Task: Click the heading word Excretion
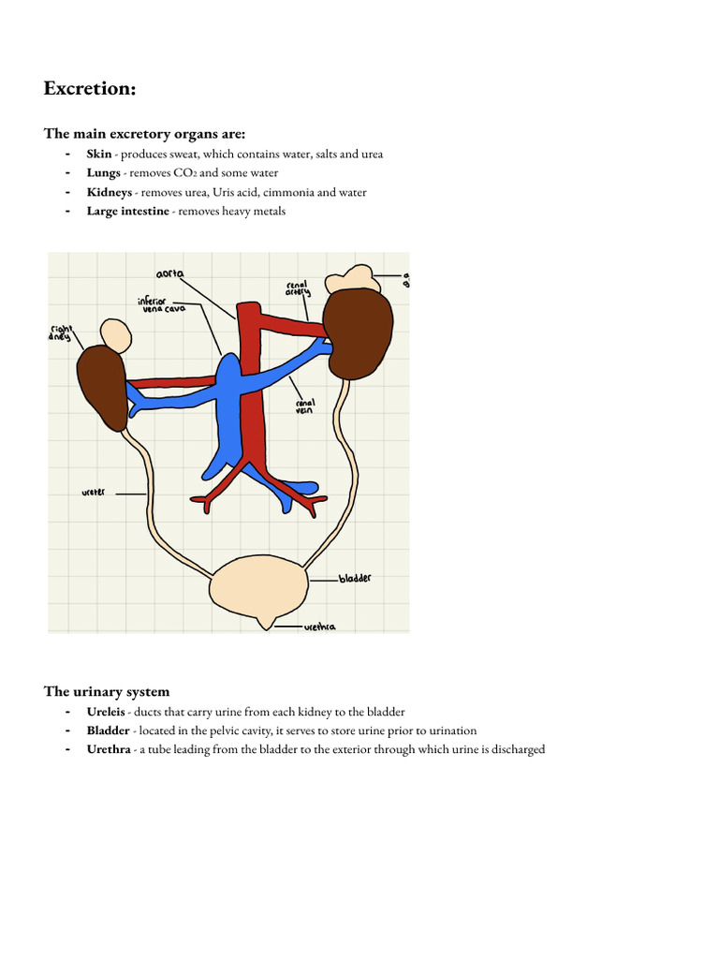pos(90,89)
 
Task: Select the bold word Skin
pos(99,154)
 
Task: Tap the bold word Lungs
pos(104,173)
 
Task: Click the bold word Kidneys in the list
pos(110,192)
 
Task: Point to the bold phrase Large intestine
pos(128,212)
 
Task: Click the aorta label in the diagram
pos(170,274)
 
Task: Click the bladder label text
pos(355,579)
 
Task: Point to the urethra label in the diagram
pos(320,627)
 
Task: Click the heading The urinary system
pos(107,692)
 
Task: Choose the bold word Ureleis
pos(106,713)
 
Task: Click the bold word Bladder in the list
pos(109,731)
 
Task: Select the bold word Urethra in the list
pos(110,750)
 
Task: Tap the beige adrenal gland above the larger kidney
pos(350,278)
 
